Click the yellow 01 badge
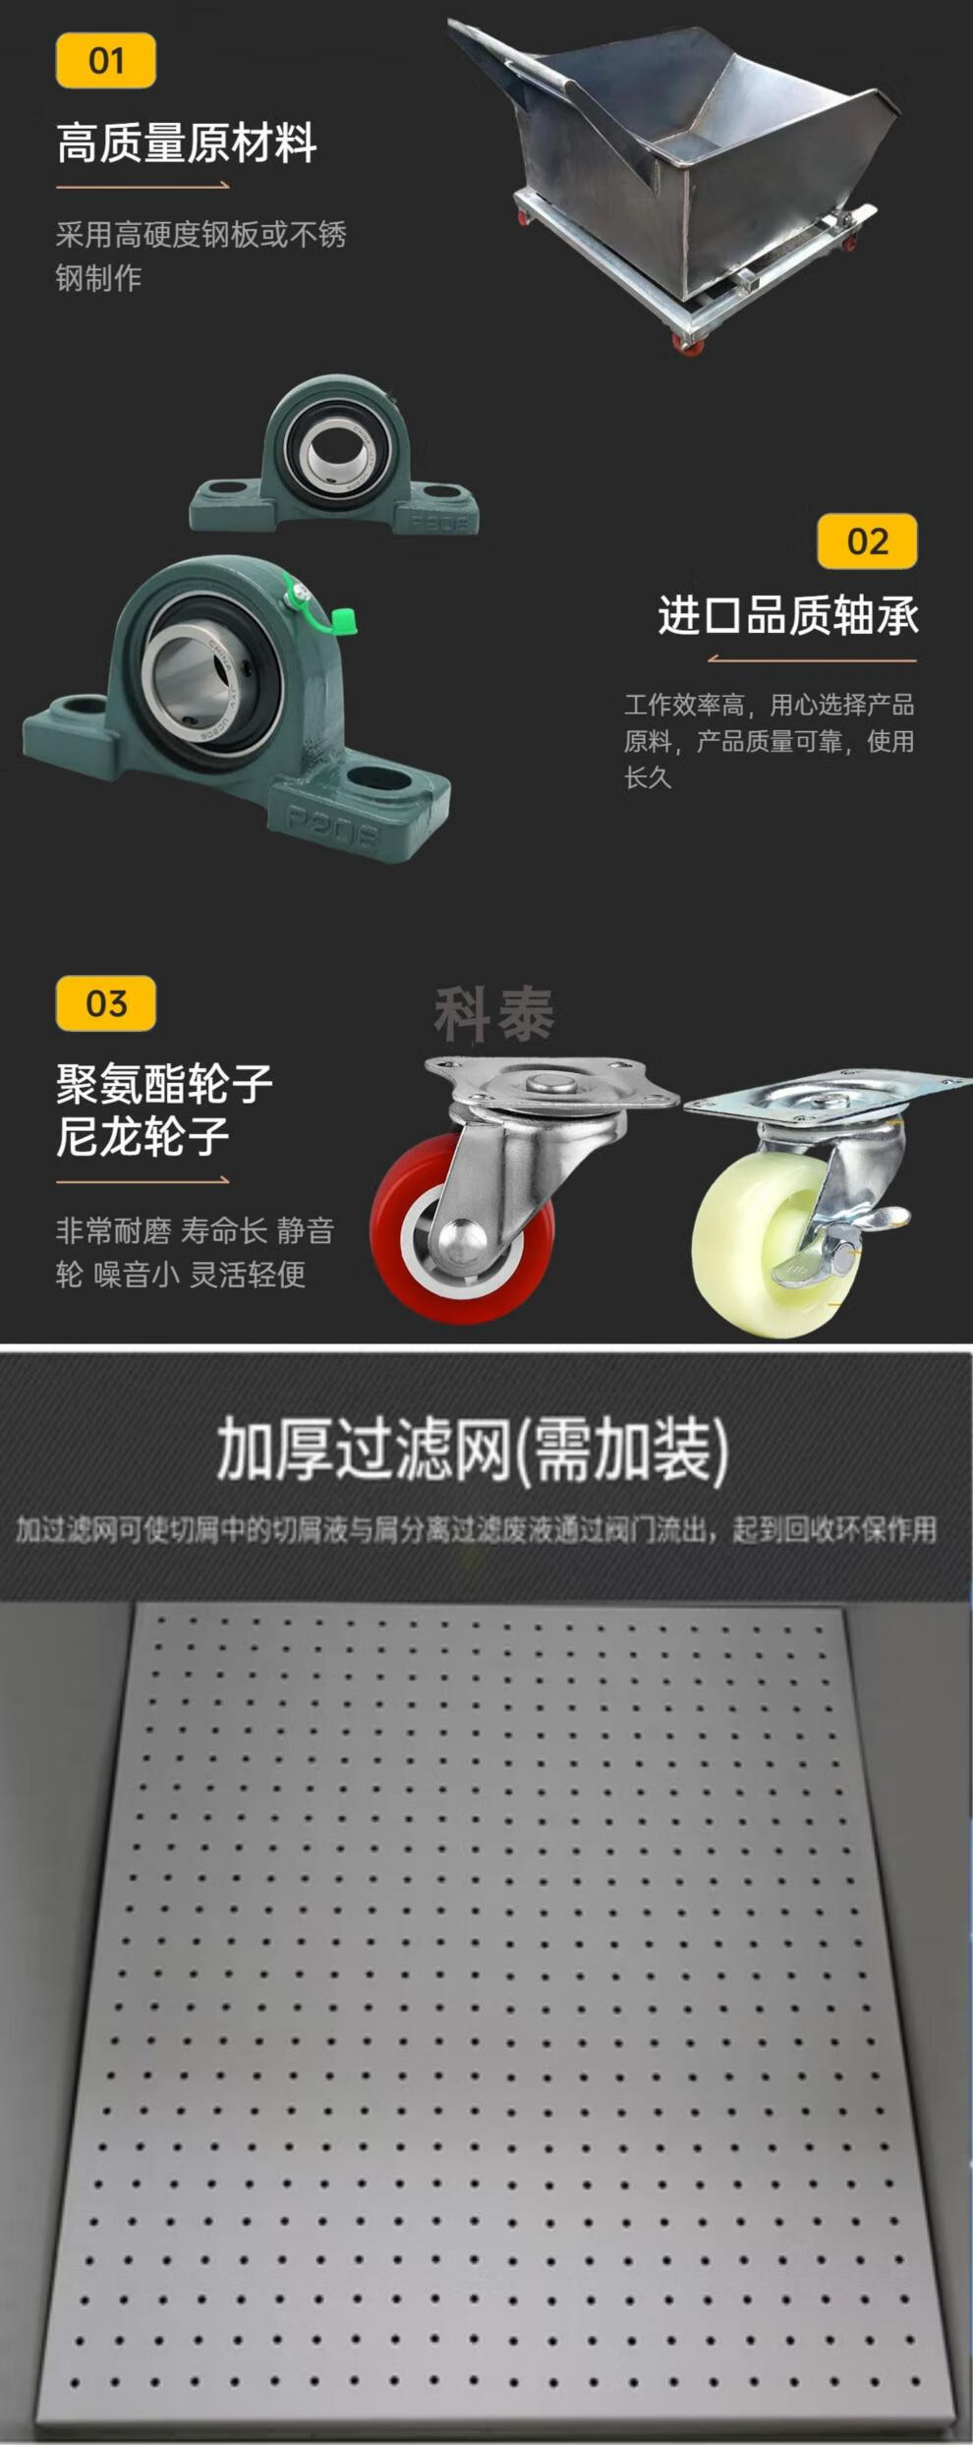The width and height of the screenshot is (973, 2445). pos(106,61)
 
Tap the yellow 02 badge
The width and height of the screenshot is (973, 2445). pos(867,541)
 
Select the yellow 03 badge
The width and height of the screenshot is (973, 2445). pos(106,1003)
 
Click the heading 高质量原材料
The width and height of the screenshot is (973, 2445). pos(187,143)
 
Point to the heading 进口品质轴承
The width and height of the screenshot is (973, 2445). pos(788,616)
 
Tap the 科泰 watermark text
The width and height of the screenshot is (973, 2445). pos(494,1015)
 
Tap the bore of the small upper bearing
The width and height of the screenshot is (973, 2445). pos(336,451)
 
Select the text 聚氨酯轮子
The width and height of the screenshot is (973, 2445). pos(164,1083)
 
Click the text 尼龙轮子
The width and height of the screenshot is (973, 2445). pos(143,1136)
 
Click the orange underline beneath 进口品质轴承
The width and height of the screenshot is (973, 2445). pos(812,659)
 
